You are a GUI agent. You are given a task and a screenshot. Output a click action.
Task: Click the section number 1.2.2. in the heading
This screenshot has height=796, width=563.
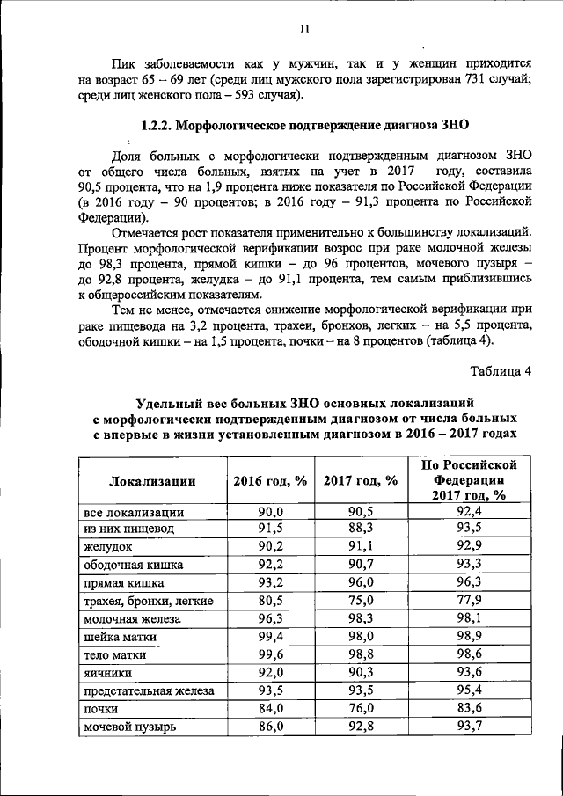click(159, 126)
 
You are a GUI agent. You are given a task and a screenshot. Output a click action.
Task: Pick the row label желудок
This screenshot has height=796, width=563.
click(107, 546)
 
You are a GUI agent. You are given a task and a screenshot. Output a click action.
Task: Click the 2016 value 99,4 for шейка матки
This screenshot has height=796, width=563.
click(270, 636)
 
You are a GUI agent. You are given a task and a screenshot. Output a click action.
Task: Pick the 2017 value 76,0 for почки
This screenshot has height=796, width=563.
click(361, 709)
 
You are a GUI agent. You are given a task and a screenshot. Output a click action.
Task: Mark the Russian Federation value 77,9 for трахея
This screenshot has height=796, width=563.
click(468, 601)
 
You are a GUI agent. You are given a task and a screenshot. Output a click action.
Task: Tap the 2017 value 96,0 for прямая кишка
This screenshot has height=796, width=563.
click(361, 582)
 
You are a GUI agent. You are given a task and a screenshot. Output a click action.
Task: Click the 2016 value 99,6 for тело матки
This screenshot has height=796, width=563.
click(270, 654)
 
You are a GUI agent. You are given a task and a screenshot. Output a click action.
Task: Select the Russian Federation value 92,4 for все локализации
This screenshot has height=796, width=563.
click(468, 510)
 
